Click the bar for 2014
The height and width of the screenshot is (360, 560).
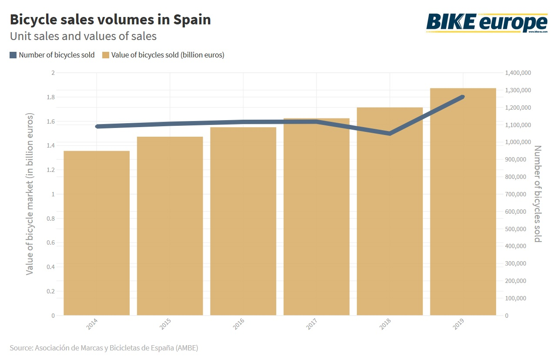coord(97,233)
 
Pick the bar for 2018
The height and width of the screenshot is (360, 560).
coord(390,211)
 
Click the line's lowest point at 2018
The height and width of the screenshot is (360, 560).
coord(390,134)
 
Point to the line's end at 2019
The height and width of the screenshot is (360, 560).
coord(463,97)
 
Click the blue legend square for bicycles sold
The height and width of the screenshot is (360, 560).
coord(13,55)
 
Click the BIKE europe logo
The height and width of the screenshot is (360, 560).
coord(486,22)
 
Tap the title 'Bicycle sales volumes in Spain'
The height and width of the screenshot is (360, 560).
coord(110,20)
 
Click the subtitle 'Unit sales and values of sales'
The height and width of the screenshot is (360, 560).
coord(83,36)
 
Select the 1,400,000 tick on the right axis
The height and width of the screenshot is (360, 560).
coord(518,73)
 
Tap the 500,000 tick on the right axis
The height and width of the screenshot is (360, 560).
coord(518,229)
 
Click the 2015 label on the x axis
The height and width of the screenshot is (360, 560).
coord(164,323)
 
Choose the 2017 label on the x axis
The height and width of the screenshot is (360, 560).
coord(311,323)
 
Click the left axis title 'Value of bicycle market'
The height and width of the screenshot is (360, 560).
coord(30,194)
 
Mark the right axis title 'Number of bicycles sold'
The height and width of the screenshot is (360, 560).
coord(537,194)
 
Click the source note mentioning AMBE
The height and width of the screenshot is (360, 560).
coord(107,348)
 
